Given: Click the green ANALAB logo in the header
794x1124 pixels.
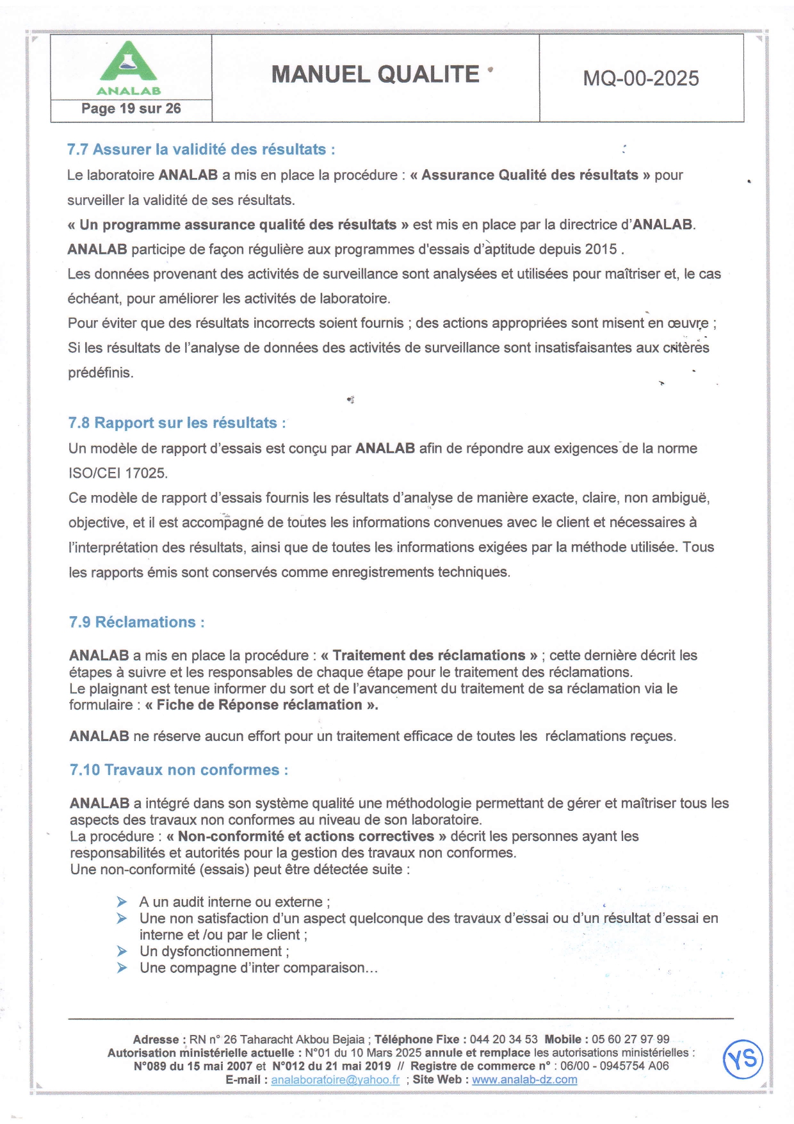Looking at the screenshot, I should (129, 67).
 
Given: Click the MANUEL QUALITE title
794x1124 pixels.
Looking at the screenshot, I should (375, 75).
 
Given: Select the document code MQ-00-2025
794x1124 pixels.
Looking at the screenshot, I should (640, 78).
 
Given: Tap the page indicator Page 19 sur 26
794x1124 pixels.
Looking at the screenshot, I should (131, 109).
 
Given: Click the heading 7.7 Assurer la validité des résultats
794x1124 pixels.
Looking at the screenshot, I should (200, 150).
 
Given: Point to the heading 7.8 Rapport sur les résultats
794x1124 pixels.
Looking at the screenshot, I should (176, 423).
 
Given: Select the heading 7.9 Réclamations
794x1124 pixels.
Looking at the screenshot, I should (136, 623).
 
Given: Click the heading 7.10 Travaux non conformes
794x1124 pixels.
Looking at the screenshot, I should (179, 770).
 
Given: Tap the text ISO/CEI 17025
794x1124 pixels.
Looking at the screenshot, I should (118, 473).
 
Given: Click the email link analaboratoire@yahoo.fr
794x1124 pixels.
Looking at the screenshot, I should (335, 1080).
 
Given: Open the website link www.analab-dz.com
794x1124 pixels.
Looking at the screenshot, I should (524, 1080).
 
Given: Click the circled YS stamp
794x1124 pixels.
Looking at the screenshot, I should (743, 1059).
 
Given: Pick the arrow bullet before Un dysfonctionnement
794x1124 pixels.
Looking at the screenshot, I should (122, 951).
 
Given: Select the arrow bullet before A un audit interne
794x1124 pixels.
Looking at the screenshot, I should (122, 902).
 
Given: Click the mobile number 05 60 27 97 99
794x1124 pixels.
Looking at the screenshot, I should (630, 1039).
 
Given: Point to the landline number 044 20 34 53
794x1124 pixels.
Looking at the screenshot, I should (503, 1039).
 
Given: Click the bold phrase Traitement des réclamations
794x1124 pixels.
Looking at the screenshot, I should (428, 656).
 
